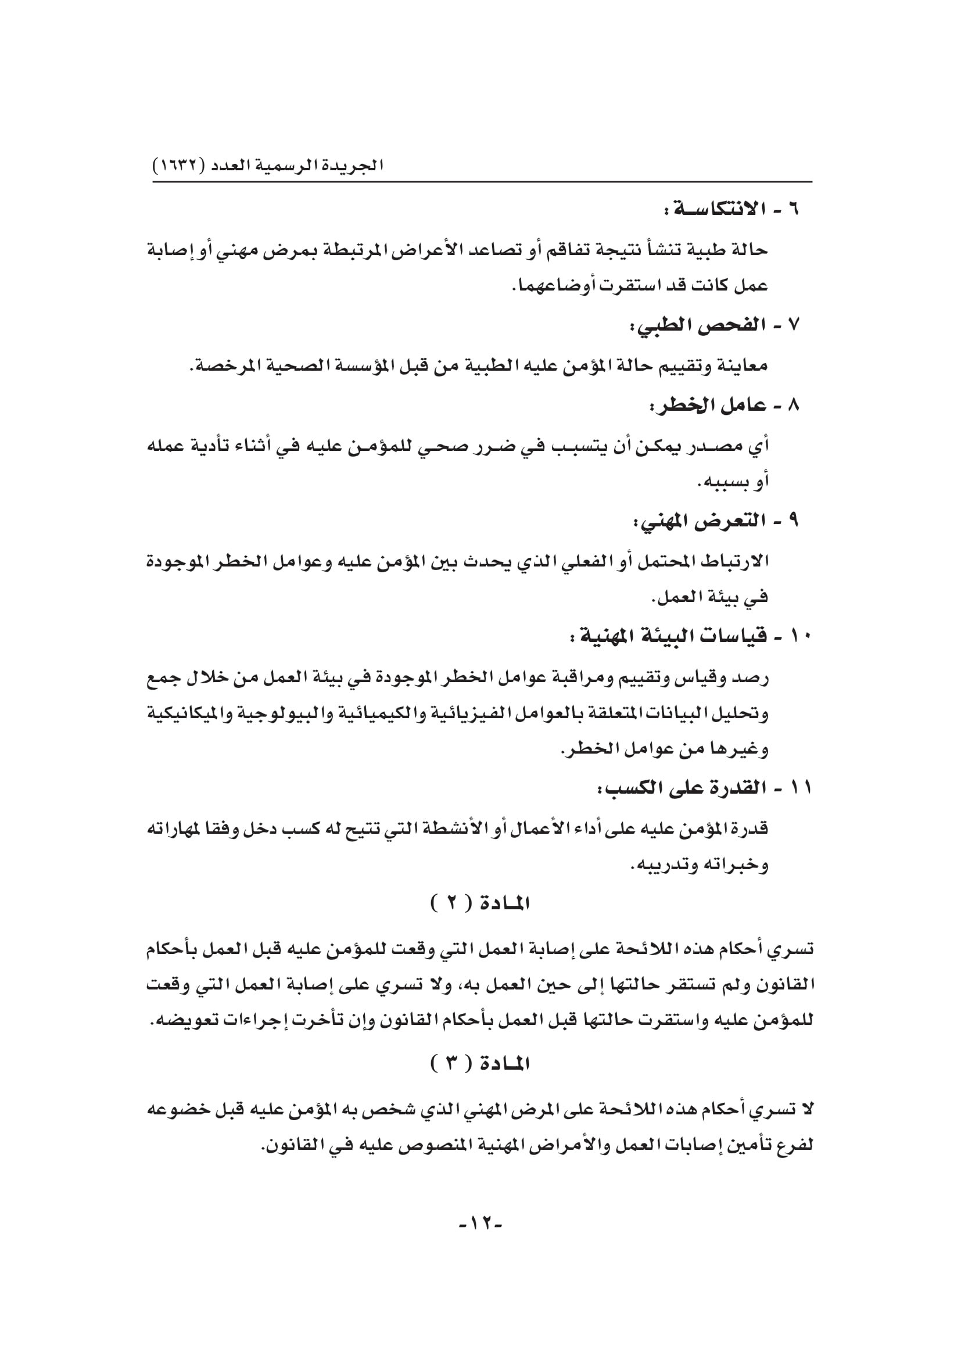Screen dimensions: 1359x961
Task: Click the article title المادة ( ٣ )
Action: click(480, 1064)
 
